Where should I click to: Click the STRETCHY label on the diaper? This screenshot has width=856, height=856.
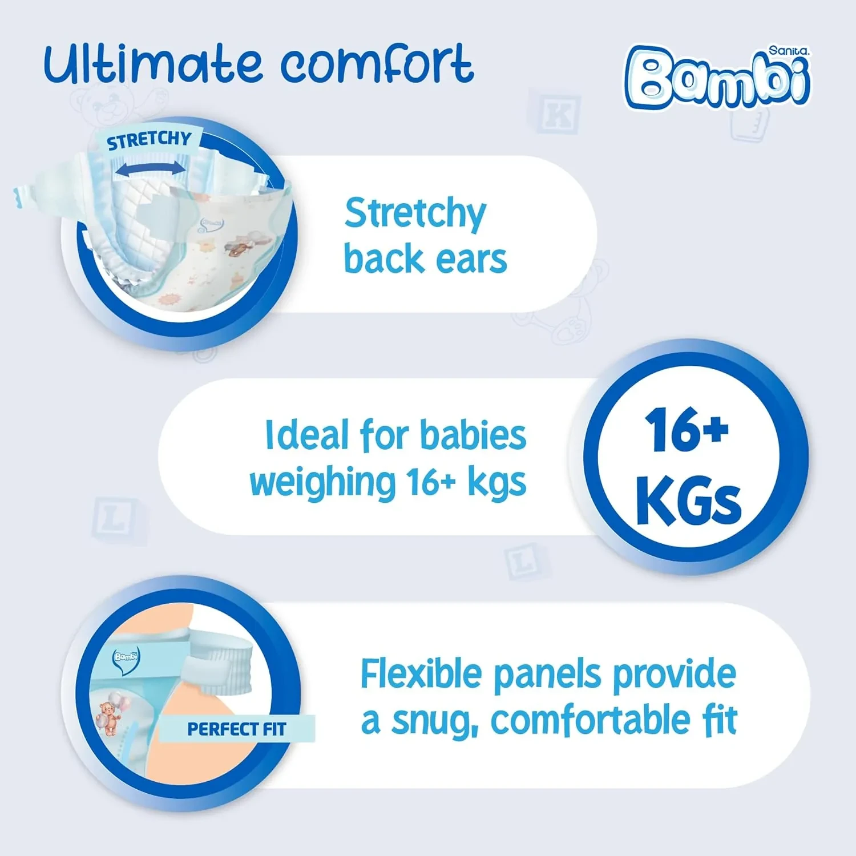149,140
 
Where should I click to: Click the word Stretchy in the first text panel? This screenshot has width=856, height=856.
415,214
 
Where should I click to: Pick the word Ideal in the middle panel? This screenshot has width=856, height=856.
307,435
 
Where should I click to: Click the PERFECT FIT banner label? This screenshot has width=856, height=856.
236,729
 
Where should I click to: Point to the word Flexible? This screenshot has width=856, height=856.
421,674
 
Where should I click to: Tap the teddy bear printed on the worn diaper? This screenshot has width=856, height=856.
108,718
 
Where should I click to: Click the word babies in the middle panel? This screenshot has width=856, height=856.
473,435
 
